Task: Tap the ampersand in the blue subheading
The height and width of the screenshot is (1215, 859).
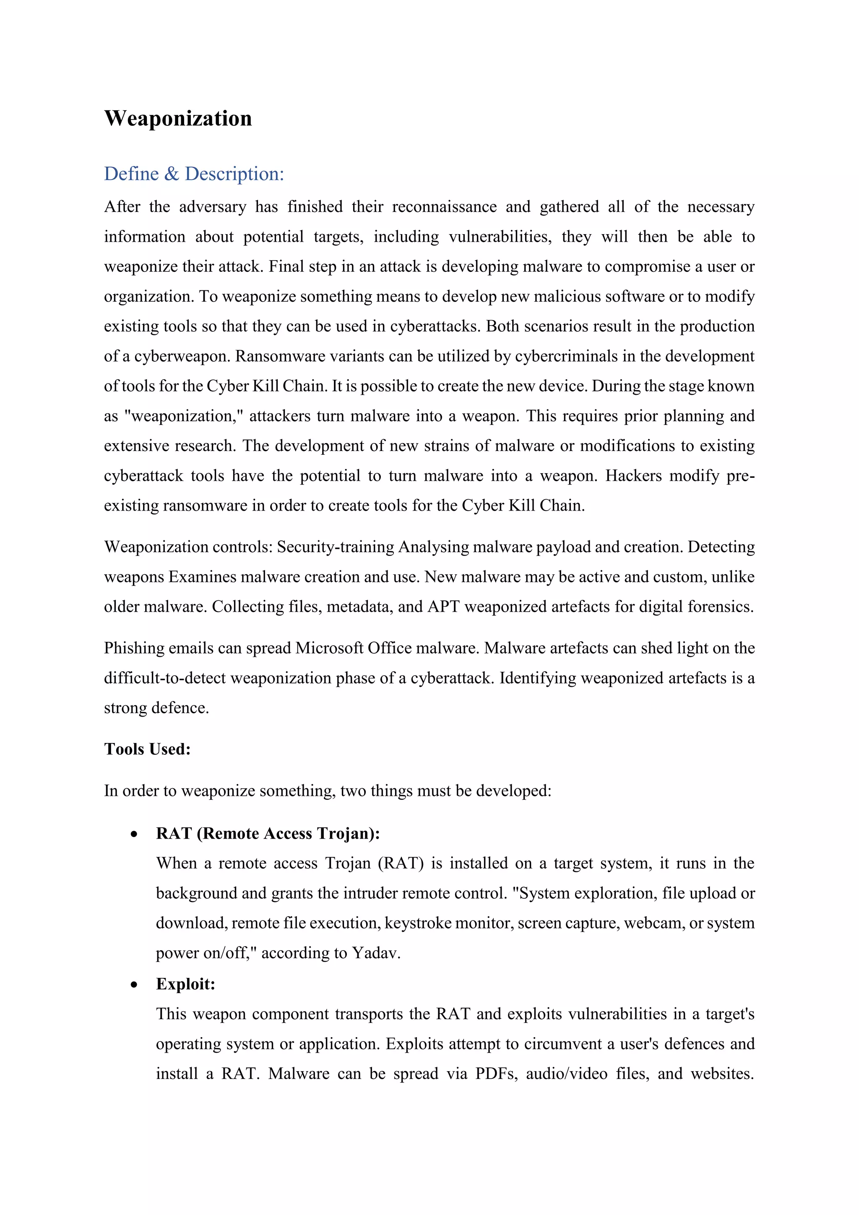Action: coord(172,174)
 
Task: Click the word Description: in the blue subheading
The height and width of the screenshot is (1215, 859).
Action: coord(234,174)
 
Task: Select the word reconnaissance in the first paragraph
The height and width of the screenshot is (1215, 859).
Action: coord(444,206)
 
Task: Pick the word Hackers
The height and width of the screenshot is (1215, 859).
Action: coord(633,476)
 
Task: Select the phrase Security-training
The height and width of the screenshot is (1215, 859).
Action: coord(336,547)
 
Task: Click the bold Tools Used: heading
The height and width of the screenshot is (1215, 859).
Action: coord(147,749)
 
